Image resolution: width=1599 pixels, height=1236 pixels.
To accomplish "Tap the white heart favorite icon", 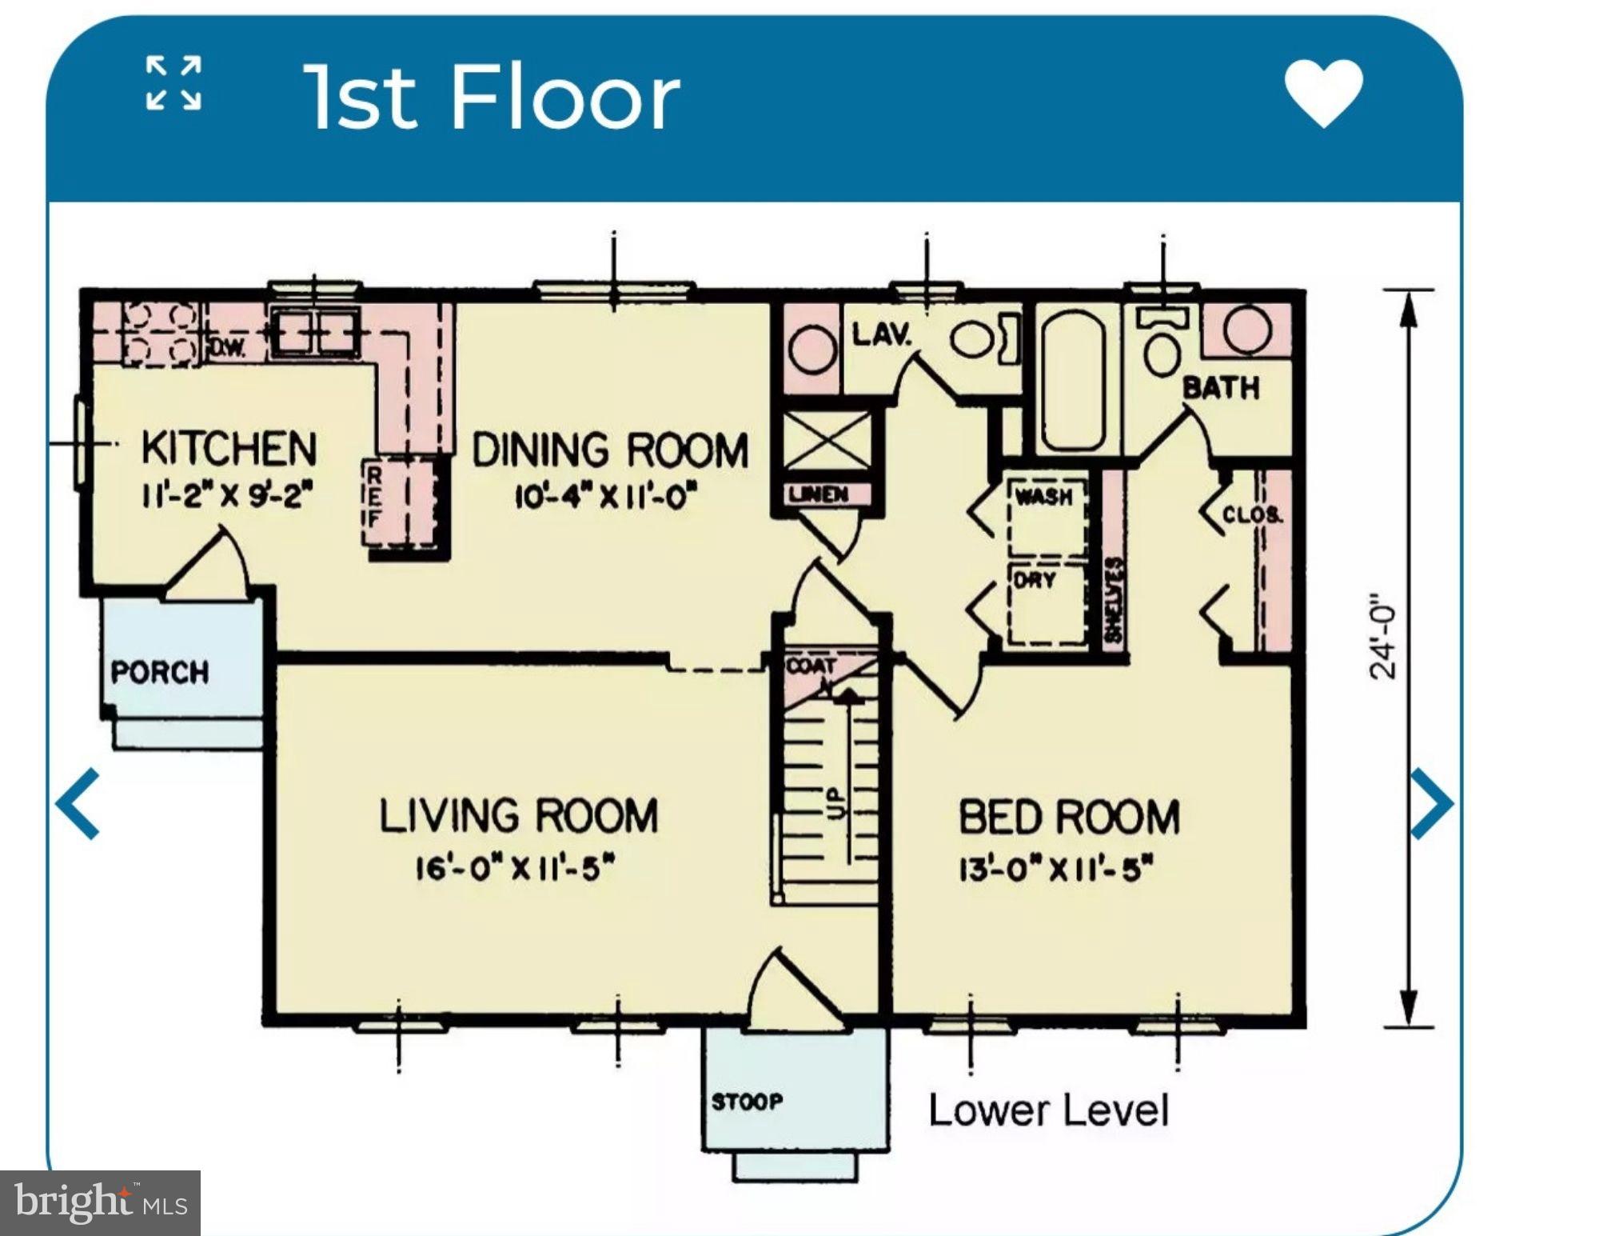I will pyautogui.click(x=1323, y=93).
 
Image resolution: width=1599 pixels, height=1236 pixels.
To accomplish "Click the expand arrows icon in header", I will pyautogui.click(x=173, y=82).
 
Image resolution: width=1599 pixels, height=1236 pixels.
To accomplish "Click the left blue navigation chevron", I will pyautogui.click(x=78, y=803).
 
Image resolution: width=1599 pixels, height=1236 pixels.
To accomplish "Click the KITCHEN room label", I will pyautogui.click(x=229, y=448).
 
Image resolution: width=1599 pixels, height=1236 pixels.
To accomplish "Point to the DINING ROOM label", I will pyautogui.click(x=610, y=450).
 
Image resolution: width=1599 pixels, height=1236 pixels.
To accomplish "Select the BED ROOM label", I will pyautogui.click(x=1069, y=818).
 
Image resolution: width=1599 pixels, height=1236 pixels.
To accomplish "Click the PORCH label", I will pyautogui.click(x=160, y=672).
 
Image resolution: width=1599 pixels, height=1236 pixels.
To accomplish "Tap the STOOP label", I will pyautogui.click(x=748, y=1102).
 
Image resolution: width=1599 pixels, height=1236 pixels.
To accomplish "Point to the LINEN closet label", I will pyautogui.click(x=818, y=494).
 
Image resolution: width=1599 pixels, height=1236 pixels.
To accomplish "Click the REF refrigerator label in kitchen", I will pyautogui.click(x=373, y=498).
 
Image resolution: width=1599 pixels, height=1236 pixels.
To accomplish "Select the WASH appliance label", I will pyautogui.click(x=1043, y=497).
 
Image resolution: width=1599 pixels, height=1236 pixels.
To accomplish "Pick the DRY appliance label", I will pyautogui.click(x=1035, y=580).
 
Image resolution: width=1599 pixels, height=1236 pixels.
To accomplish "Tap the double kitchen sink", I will pyautogui.click(x=317, y=332).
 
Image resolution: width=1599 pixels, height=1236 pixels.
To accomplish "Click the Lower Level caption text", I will pyautogui.click(x=1048, y=1111).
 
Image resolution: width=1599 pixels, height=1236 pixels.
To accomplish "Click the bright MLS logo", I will pyautogui.click(x=100, y=1202).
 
